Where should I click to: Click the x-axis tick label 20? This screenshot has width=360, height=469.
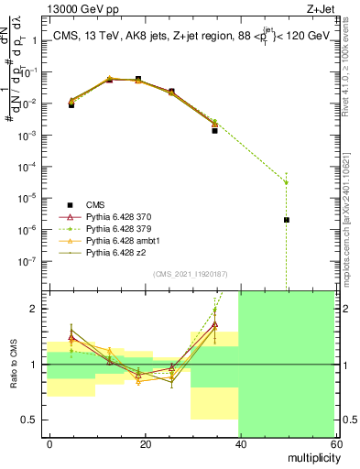tap(145, 444)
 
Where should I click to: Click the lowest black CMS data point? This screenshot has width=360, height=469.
tap(287, 220)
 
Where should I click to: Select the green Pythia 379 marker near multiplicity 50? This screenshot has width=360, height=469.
tap(287, 182)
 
